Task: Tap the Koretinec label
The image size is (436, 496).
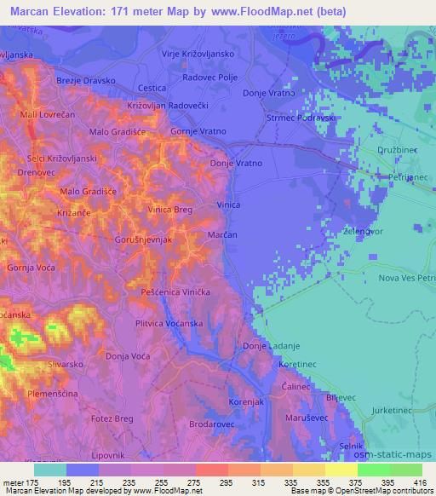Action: pos(298,364)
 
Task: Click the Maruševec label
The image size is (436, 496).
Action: pos(326,417)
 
